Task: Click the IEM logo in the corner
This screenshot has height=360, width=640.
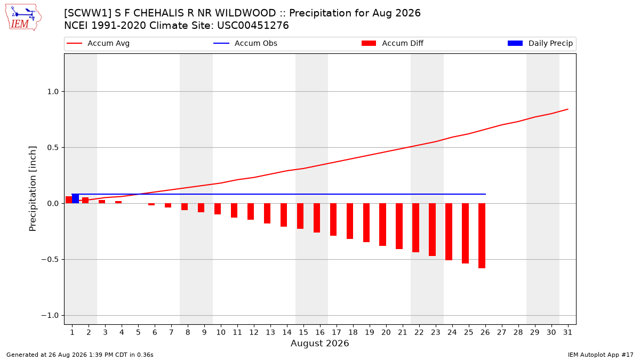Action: tap(23, 18)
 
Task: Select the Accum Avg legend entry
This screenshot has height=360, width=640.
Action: tap(98, 43)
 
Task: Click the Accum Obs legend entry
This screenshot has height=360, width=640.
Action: tap(245, 43)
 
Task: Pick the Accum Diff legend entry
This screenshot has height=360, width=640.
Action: tap(393, 43)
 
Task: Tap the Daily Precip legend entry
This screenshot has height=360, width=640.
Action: tap(540, 43)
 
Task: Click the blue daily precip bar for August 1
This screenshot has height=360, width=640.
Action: tap(75, 198)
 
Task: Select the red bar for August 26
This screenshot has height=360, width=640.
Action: tap(482, 236)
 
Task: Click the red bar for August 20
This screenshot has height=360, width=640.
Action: tap(382, 225)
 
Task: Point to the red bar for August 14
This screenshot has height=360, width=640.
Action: tap(284, 215)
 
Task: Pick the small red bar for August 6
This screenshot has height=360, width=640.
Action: tap(151, 205)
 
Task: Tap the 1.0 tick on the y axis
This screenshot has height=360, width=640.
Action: tap(53, 92)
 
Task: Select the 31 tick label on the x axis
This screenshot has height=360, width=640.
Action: tap(567, 333)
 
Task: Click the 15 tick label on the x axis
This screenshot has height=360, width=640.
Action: tap(303, 333)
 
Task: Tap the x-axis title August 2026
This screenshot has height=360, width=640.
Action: tap(319, 343)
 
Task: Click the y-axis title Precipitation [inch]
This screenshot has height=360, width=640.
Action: tap(33, 189)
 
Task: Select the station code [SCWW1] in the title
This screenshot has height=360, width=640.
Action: tap(88, 13)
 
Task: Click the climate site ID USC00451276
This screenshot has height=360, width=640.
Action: tap(253, 26)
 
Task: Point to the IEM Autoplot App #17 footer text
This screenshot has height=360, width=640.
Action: tap(601, 355)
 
